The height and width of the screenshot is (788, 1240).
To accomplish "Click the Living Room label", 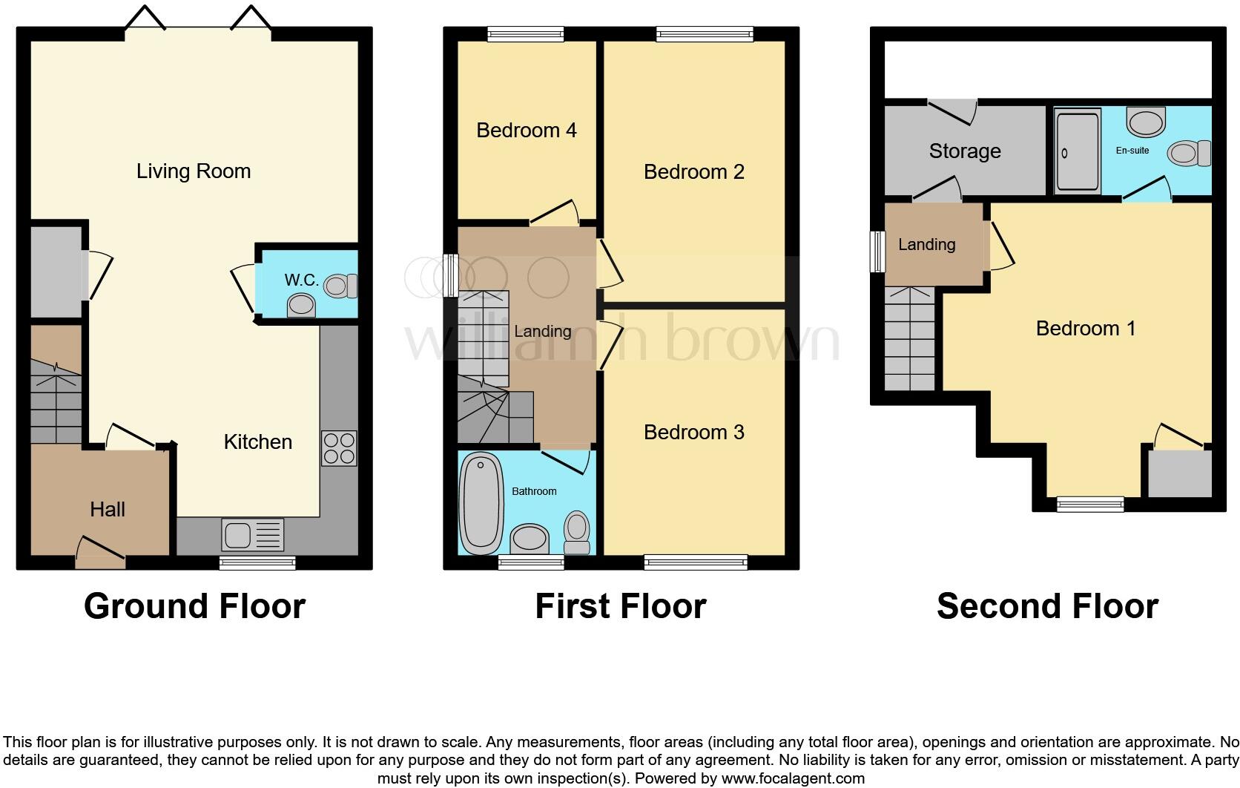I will tap(194, 171).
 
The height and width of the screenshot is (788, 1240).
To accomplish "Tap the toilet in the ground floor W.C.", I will tap(342, 286).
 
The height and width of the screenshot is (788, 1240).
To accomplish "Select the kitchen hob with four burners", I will tap(339, 448).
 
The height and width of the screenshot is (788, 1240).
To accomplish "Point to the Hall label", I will tap(108, 509).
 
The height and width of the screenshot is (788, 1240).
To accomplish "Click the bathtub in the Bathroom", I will tap(481, 502).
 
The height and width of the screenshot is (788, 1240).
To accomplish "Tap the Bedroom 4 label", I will tap(526, 131).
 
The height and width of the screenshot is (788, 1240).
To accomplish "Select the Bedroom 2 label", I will tap(693, 172).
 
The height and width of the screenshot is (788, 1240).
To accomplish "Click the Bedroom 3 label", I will tap(693, 433).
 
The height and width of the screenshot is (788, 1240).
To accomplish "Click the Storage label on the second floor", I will tap(964, 151).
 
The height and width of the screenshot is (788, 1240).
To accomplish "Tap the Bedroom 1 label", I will tap(1085, 329).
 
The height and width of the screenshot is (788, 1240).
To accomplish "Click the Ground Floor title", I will tap(194, 606).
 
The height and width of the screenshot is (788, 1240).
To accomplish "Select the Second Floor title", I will tap(1046, 606).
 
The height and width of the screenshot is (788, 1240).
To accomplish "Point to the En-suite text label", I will tap(1132, 151).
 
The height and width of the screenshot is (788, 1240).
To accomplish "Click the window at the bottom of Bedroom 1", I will tap(1089, 505).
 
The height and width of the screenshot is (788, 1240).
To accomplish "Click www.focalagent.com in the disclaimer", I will tap(792, 778).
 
